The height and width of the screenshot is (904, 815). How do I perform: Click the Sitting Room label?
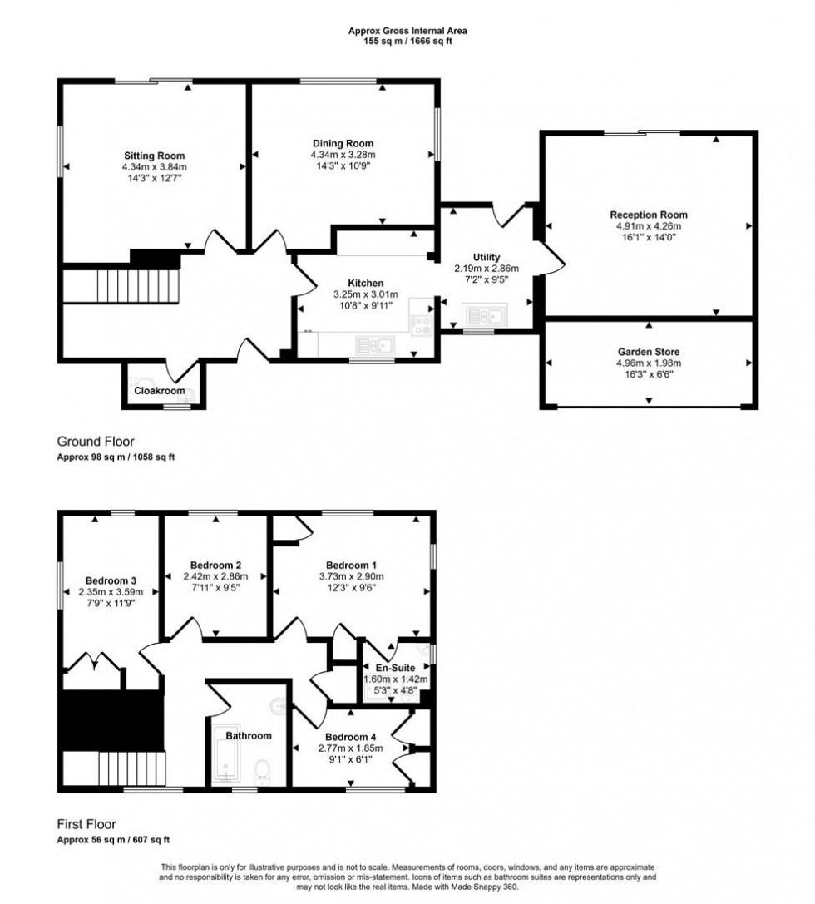(x=154, y=156)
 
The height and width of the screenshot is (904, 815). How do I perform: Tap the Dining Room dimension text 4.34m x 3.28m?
(x=343, y=155)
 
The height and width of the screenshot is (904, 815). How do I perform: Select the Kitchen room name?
(x=365, y=283)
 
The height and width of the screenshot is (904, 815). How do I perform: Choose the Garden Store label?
(x=648, y=352)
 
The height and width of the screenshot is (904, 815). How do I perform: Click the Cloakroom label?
(x=160, y=391)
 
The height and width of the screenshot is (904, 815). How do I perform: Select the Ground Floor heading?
(x=95, y=442)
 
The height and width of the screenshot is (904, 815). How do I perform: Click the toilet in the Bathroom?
(x=264, y=770)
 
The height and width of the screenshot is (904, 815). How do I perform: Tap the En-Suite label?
(x=396, y=668)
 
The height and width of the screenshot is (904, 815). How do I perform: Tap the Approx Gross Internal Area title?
(x=407, y=32)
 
